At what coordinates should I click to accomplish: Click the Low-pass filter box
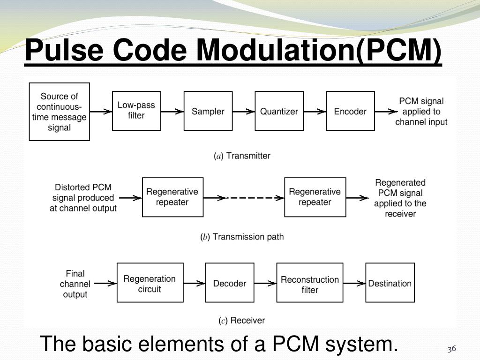click(x=136, y=111)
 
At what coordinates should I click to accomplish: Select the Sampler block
click(x=208, y=111)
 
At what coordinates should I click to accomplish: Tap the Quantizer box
click(x=279, y=111)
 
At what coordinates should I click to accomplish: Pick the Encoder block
click(x=350, y=111)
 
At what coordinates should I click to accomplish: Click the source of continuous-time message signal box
click(x=59, y=112)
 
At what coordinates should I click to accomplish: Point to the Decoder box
click(x=230, y=283)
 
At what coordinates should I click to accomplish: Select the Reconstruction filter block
click(x=310, y=283)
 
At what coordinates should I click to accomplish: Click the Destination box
click(x=390, y=283)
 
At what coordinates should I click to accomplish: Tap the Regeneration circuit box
click(x=149, y=283)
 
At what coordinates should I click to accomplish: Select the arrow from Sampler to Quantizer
click(x=243, y=112)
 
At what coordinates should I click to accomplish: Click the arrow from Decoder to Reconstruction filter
click(x=265, y=283)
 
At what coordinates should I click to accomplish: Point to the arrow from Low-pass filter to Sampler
click(x=172, y=112)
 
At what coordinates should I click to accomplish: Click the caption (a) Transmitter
click(x=242, y=156)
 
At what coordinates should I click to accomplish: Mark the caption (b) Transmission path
click(x=242, y=237)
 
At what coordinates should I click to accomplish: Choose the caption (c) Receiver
click(x=242, y=321)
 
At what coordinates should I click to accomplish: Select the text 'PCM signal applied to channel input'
click(x=421, y=112)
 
